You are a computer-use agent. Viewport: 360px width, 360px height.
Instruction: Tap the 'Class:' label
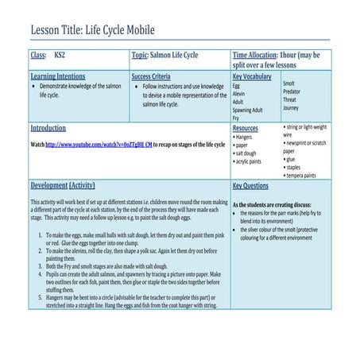point(38,56)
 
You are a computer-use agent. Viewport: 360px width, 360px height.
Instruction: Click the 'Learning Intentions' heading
point(57,76)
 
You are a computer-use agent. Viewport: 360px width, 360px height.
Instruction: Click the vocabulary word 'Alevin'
point(239,93)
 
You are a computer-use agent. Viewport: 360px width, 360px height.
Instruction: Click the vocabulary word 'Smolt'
point(289,83)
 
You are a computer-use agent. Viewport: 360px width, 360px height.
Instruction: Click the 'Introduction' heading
point(48,128)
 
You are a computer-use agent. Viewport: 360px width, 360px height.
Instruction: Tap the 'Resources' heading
point(246,128)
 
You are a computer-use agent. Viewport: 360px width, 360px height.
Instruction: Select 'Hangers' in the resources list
point(243,137)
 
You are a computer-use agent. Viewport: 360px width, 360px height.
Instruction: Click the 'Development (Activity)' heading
point(63,185)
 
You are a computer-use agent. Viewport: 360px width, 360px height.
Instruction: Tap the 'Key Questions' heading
point(250,185)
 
